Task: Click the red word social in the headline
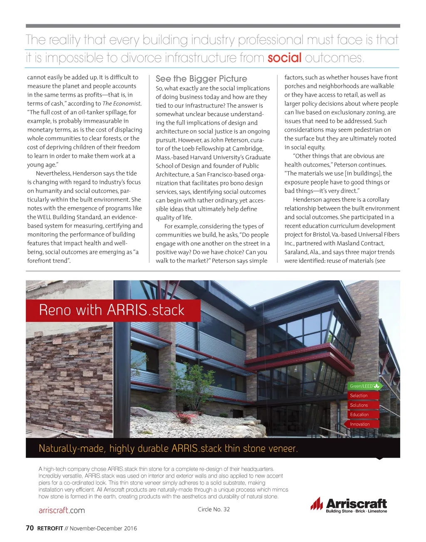284,57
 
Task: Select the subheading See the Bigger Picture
201,79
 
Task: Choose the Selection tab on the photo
359,396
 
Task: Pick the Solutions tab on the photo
359,405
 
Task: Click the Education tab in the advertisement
359,415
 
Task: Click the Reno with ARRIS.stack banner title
111,310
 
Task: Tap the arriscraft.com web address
62,510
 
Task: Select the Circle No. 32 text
213,509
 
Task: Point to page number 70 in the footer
30,528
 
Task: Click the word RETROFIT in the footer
50,529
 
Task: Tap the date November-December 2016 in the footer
103,529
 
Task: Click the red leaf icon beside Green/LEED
377,386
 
